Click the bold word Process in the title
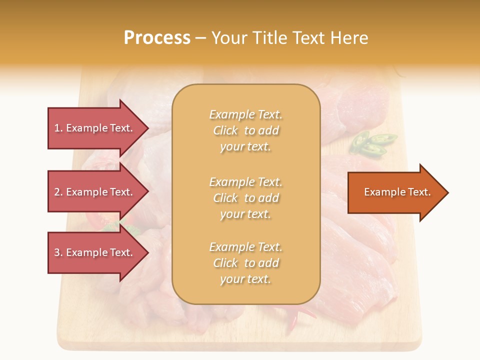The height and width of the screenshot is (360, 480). click(x=157, y=37)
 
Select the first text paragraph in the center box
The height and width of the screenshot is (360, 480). click(x=245, y=130)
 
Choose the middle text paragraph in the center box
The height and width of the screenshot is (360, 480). click(x=245, y=197)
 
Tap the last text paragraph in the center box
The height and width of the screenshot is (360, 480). click(x=245, y=263)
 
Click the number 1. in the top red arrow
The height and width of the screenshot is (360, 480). click(x=58, y=128)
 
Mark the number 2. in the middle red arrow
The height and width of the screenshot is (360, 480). click(x=58, y=192)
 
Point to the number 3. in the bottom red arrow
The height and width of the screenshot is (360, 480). click(x=58, y=252)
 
